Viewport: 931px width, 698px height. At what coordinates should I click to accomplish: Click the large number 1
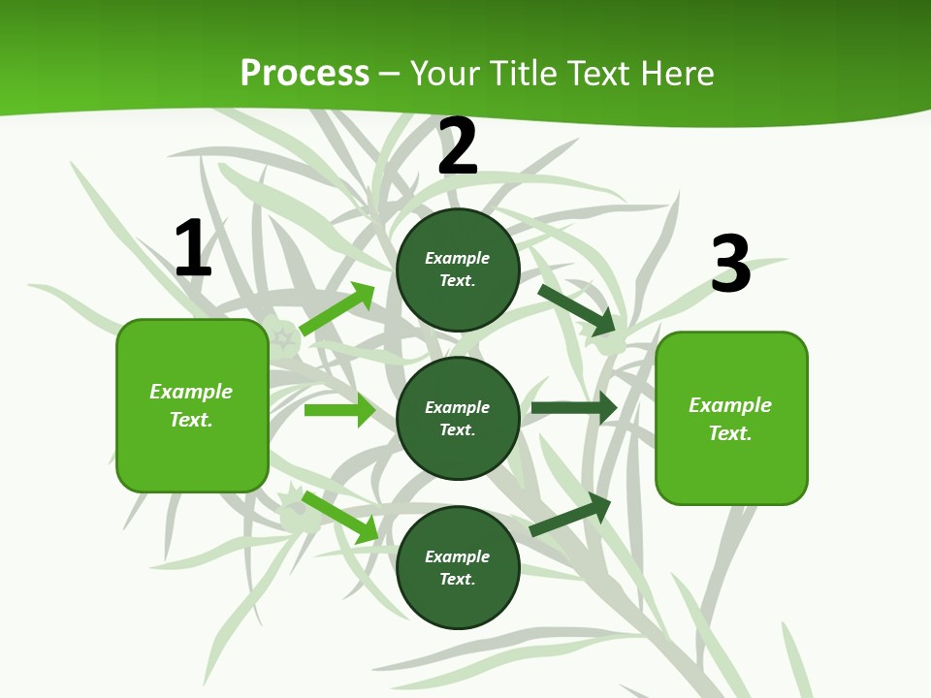coord(193,248)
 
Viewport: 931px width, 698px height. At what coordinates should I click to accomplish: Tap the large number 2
coord(458,146)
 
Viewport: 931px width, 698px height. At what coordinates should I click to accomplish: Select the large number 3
coord(731,264)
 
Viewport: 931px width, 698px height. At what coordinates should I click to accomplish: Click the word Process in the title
coord(305,73)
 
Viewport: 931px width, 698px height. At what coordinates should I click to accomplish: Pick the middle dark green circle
coord(458,418)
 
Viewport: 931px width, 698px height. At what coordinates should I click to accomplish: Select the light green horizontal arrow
coord(339,410)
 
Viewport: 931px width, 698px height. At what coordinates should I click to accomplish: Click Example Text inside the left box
coord(191,405)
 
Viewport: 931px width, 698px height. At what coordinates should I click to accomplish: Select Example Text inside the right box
coord(730,419)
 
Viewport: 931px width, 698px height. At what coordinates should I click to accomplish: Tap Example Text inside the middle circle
coord(458,418)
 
